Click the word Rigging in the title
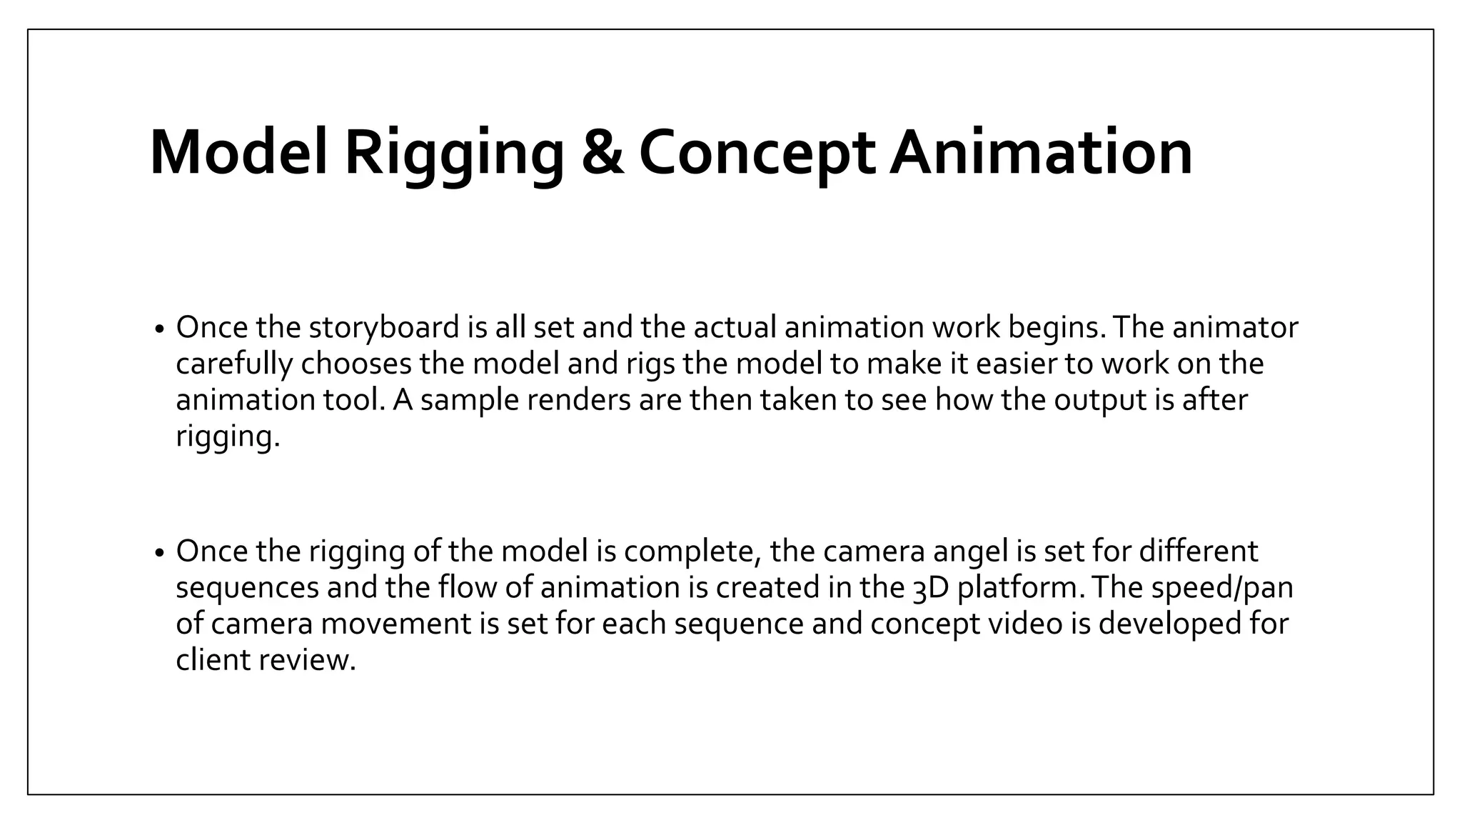[x=454, y=153]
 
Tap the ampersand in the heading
[x=603, y=153]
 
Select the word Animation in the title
[x=1041, y=153]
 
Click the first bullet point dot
[x=160, y=329]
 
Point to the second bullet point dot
[x=160, y=553]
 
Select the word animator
[x=1235, y=327]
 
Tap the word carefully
[x=234, y=364]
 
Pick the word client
[x=213, y=659]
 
